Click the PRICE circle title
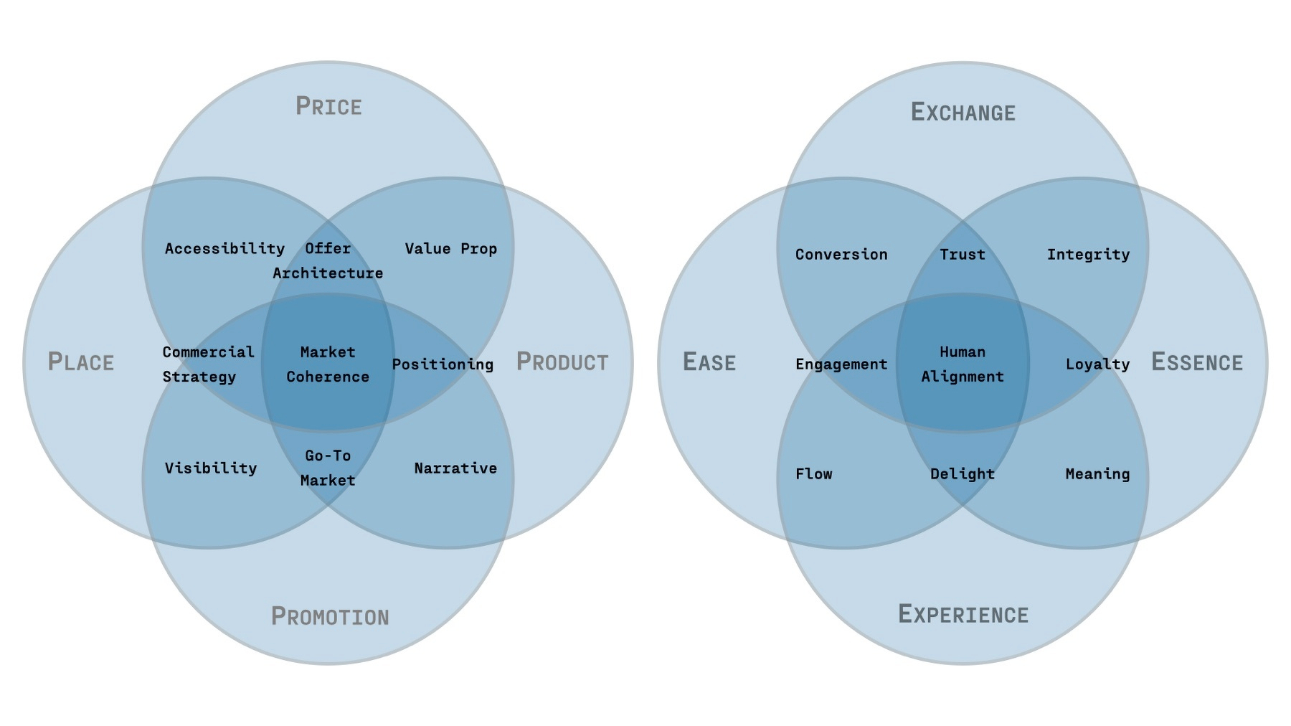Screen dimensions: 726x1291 (328, 106)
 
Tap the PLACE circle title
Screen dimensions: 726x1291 (81, 362)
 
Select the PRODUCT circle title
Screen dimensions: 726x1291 (562, 362)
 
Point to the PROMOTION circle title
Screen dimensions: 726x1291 (330, 616)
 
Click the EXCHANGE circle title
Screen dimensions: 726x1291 (963, 112)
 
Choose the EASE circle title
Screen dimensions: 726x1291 (709, 362)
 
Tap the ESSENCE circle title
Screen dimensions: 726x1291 (1197, 362)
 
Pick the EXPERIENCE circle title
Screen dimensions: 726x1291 (963, 614)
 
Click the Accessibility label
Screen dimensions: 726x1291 (224, 248)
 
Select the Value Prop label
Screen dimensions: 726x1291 (450, 248)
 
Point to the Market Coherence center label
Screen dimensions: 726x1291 (328, 364)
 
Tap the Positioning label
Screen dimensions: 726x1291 (443, 364)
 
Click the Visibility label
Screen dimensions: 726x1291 (211, 468)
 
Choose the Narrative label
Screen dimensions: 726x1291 (455, 468)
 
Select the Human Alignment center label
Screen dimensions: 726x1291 (963, 364)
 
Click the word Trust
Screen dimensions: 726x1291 (963, 254)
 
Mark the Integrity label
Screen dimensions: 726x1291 (1088, 254)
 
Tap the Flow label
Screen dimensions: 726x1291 (814, 473)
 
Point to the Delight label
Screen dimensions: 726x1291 (963, 473)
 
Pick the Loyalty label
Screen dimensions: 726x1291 (1097, 364)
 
